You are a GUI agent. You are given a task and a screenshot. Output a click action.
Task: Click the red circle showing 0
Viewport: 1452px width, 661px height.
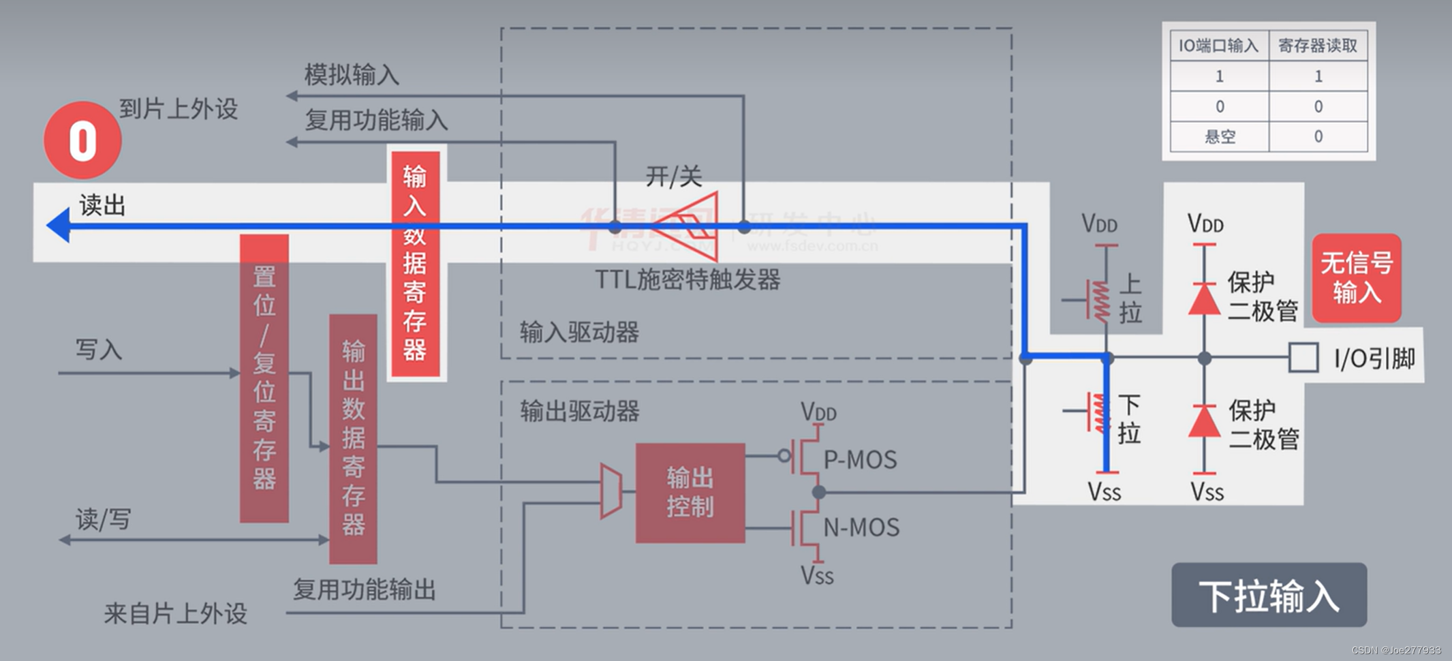[x=82, y=140]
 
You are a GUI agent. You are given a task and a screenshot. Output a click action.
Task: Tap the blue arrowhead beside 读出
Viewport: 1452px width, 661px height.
[x=59, y=226]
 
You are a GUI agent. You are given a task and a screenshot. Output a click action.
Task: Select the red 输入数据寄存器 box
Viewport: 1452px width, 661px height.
[x=415, y=263]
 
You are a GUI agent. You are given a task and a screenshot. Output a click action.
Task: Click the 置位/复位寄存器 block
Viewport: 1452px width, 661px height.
[x=264, y=379]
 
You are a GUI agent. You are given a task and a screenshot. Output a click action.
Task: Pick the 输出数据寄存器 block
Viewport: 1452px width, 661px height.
[x=353, y=439]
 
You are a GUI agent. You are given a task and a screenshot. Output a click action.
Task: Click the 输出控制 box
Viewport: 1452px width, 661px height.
[x=690, y=493]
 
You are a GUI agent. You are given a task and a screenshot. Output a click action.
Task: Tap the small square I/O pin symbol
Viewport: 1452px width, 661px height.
[x=1303, y=357]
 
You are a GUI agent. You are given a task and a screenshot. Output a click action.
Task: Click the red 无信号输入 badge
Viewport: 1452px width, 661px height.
[x=1356, y=278]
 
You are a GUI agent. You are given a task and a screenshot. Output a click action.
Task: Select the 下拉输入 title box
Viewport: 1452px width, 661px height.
[x=1269, y=595]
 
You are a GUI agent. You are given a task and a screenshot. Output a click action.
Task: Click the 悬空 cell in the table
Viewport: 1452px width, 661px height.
[x=1220, y=136]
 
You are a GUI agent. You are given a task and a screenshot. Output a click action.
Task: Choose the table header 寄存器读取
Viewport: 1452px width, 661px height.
[x=1318, y=46]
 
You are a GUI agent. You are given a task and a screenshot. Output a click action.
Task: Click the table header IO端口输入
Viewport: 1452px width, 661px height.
[x=1219, y=46]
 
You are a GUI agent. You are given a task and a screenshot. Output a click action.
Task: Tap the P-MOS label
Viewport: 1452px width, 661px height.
[x=860, y=460]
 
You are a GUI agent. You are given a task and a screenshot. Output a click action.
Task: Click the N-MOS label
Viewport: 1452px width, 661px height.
[x=861, y=527]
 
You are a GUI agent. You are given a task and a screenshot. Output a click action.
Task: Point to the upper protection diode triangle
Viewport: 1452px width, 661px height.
[x=1204, y=299]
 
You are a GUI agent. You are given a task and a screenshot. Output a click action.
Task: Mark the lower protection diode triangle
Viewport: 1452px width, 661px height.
[x=1204, y=421]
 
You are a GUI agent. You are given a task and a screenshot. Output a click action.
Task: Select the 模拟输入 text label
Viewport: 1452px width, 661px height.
[x=352, y=75]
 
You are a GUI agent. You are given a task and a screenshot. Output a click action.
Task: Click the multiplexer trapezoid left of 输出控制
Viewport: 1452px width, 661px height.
[x=611, y=491]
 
